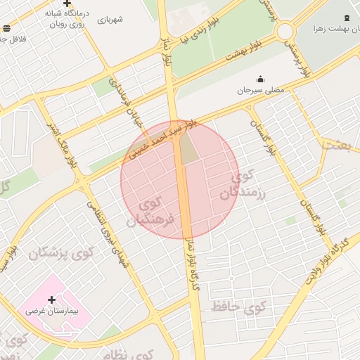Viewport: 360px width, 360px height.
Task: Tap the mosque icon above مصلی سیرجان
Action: tap(261, 79)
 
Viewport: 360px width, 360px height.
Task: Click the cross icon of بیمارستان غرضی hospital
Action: tap(51, 299)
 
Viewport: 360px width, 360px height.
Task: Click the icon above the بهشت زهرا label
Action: tap(347, 18)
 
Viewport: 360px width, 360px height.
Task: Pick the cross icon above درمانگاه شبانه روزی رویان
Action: tap(67, 4)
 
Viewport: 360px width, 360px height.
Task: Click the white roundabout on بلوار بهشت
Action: tap(285, 31)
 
